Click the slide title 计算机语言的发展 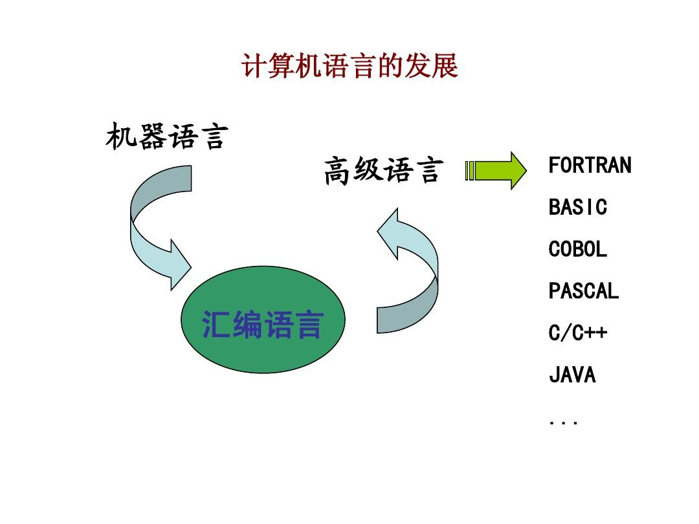(349, 67)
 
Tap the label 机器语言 (166, 137)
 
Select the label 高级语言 (383, 171)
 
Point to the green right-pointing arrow (498, 170)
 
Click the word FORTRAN (590, 166)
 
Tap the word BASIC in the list (577, 207)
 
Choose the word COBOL (577, 249)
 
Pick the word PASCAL (583, 291)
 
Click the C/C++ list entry (577, 333)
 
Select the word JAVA (571, 375)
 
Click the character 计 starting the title (253, 67)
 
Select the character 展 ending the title (445, 67)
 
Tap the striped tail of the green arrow (471, 171)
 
